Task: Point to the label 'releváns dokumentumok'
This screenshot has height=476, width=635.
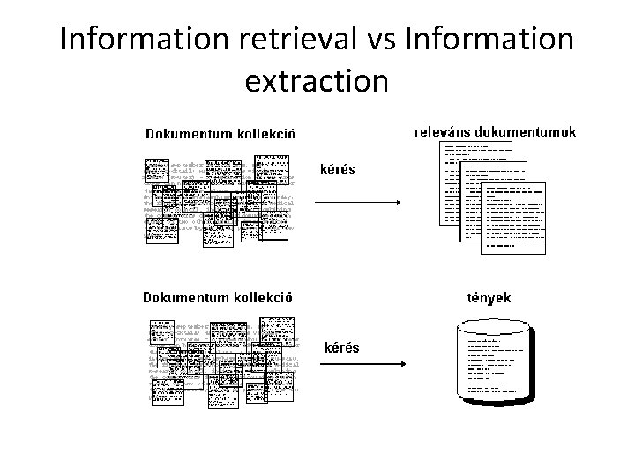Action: point(496,132)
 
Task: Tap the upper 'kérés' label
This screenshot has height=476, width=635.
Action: point(338,168)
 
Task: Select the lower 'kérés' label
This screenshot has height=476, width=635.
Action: point(342,346)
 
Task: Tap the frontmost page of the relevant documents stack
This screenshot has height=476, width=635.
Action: point(514,218)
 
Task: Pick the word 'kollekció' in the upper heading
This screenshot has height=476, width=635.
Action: point(264,135)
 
